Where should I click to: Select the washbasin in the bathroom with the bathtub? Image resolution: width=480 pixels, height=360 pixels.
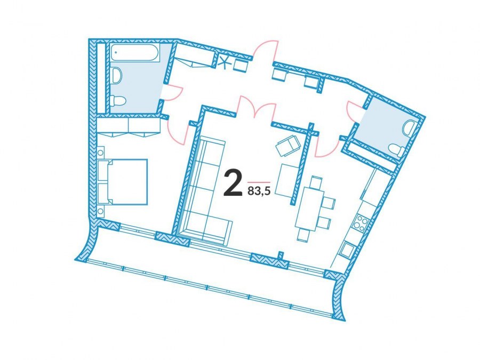coord(116,75)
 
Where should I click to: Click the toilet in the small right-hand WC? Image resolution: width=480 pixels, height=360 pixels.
coord(397,149)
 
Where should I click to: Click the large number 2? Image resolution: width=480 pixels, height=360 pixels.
coord(232,183)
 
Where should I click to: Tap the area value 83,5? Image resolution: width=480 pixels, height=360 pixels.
coord(259,192)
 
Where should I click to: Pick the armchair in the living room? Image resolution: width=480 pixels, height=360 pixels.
coord(288,145)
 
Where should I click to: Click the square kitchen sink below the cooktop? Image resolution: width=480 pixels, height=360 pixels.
coord(348,249)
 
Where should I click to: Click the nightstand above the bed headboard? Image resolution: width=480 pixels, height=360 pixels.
coord(101,151)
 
